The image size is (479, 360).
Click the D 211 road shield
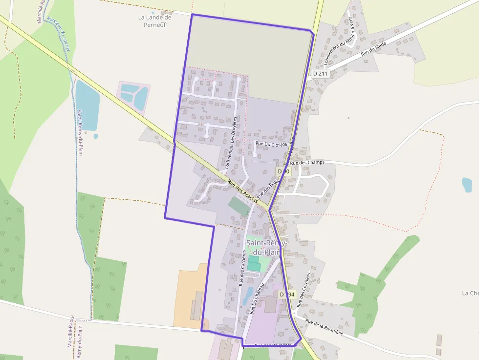[321, 73]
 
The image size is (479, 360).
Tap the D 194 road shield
[287, 295]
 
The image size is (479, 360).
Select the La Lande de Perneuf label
[155, 21]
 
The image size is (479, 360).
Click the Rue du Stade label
[373, 49]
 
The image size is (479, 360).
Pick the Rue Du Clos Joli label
[271, 144]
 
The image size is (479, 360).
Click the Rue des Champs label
[307, 163]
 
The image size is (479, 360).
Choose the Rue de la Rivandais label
[324, 327]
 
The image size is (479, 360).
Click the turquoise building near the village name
[254, 263]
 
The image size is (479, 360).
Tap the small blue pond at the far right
[467, 185]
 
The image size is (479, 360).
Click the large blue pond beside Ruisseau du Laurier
[87, 105]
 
